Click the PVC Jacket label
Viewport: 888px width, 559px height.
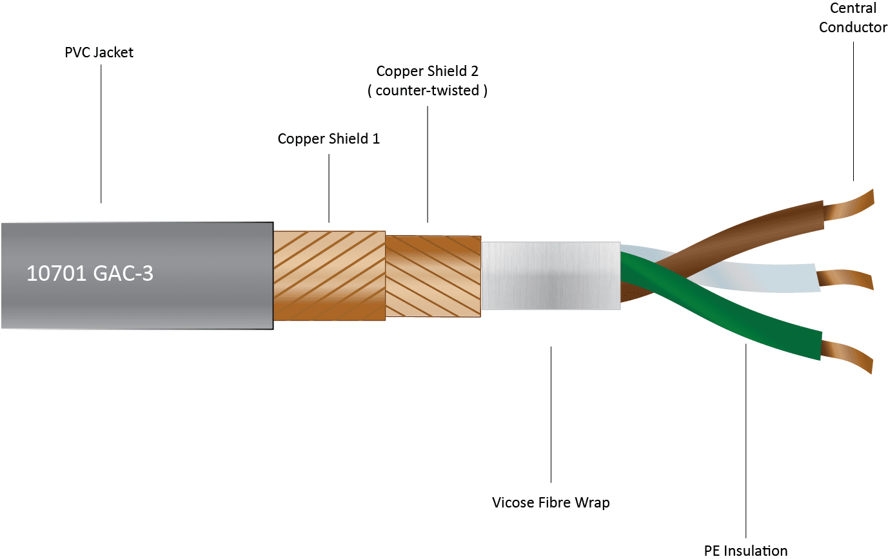click(99, 53)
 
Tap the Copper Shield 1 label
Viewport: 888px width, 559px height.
click(328, 138)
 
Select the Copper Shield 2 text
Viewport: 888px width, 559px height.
click(427, 71)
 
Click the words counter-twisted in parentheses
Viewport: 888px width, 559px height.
click(427, 91)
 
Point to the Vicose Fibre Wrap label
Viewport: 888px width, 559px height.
click(550, 502)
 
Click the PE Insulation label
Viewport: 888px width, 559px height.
click(745, 550)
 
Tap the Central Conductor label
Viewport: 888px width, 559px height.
click(853, 18)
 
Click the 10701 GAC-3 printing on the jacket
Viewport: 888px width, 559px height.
click(90, 274)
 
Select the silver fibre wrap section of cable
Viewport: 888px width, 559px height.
click(550, 275)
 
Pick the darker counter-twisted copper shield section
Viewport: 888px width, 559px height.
click(433, 276)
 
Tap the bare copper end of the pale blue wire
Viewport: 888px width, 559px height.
click(845, 279)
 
